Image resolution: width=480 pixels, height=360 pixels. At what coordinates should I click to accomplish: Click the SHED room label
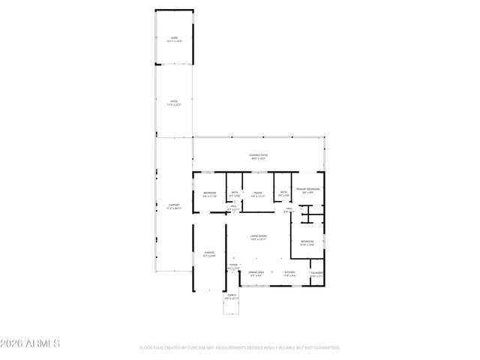tap(174, 37)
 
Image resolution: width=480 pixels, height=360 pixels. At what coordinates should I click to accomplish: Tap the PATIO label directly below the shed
tap(174, 102)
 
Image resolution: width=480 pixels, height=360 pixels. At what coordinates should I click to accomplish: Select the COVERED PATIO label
tap(259, 155)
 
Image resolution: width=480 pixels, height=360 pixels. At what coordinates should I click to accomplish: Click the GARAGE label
tap(210, 253)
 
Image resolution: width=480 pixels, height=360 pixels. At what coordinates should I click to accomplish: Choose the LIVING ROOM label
tap(258, 236)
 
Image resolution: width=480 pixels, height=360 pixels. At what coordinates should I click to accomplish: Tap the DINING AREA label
tap(256, 272)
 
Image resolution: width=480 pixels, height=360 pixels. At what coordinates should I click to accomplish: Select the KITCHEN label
tap(289, 272)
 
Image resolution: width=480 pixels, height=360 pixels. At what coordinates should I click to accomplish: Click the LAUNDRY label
tap(317, 272)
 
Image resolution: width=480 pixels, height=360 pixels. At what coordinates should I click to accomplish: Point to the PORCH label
tap(231, 295)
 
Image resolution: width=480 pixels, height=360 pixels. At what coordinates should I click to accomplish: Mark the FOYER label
tap(233, 265)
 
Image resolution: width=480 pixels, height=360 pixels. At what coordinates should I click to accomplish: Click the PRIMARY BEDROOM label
tap(307, 189)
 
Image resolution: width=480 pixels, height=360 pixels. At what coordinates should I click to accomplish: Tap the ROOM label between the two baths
tap(258, 193)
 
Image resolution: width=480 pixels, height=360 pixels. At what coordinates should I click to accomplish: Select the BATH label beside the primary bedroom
tap(283, 193)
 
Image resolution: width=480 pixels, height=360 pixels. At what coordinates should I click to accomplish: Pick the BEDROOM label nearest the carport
tap(210, 193)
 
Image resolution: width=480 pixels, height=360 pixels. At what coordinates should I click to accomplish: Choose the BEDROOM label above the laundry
tap(307, 241)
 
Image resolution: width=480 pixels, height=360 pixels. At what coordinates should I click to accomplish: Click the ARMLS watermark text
tap(32, 343)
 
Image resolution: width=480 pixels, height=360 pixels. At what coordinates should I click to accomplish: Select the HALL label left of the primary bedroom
tap(287, 209)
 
